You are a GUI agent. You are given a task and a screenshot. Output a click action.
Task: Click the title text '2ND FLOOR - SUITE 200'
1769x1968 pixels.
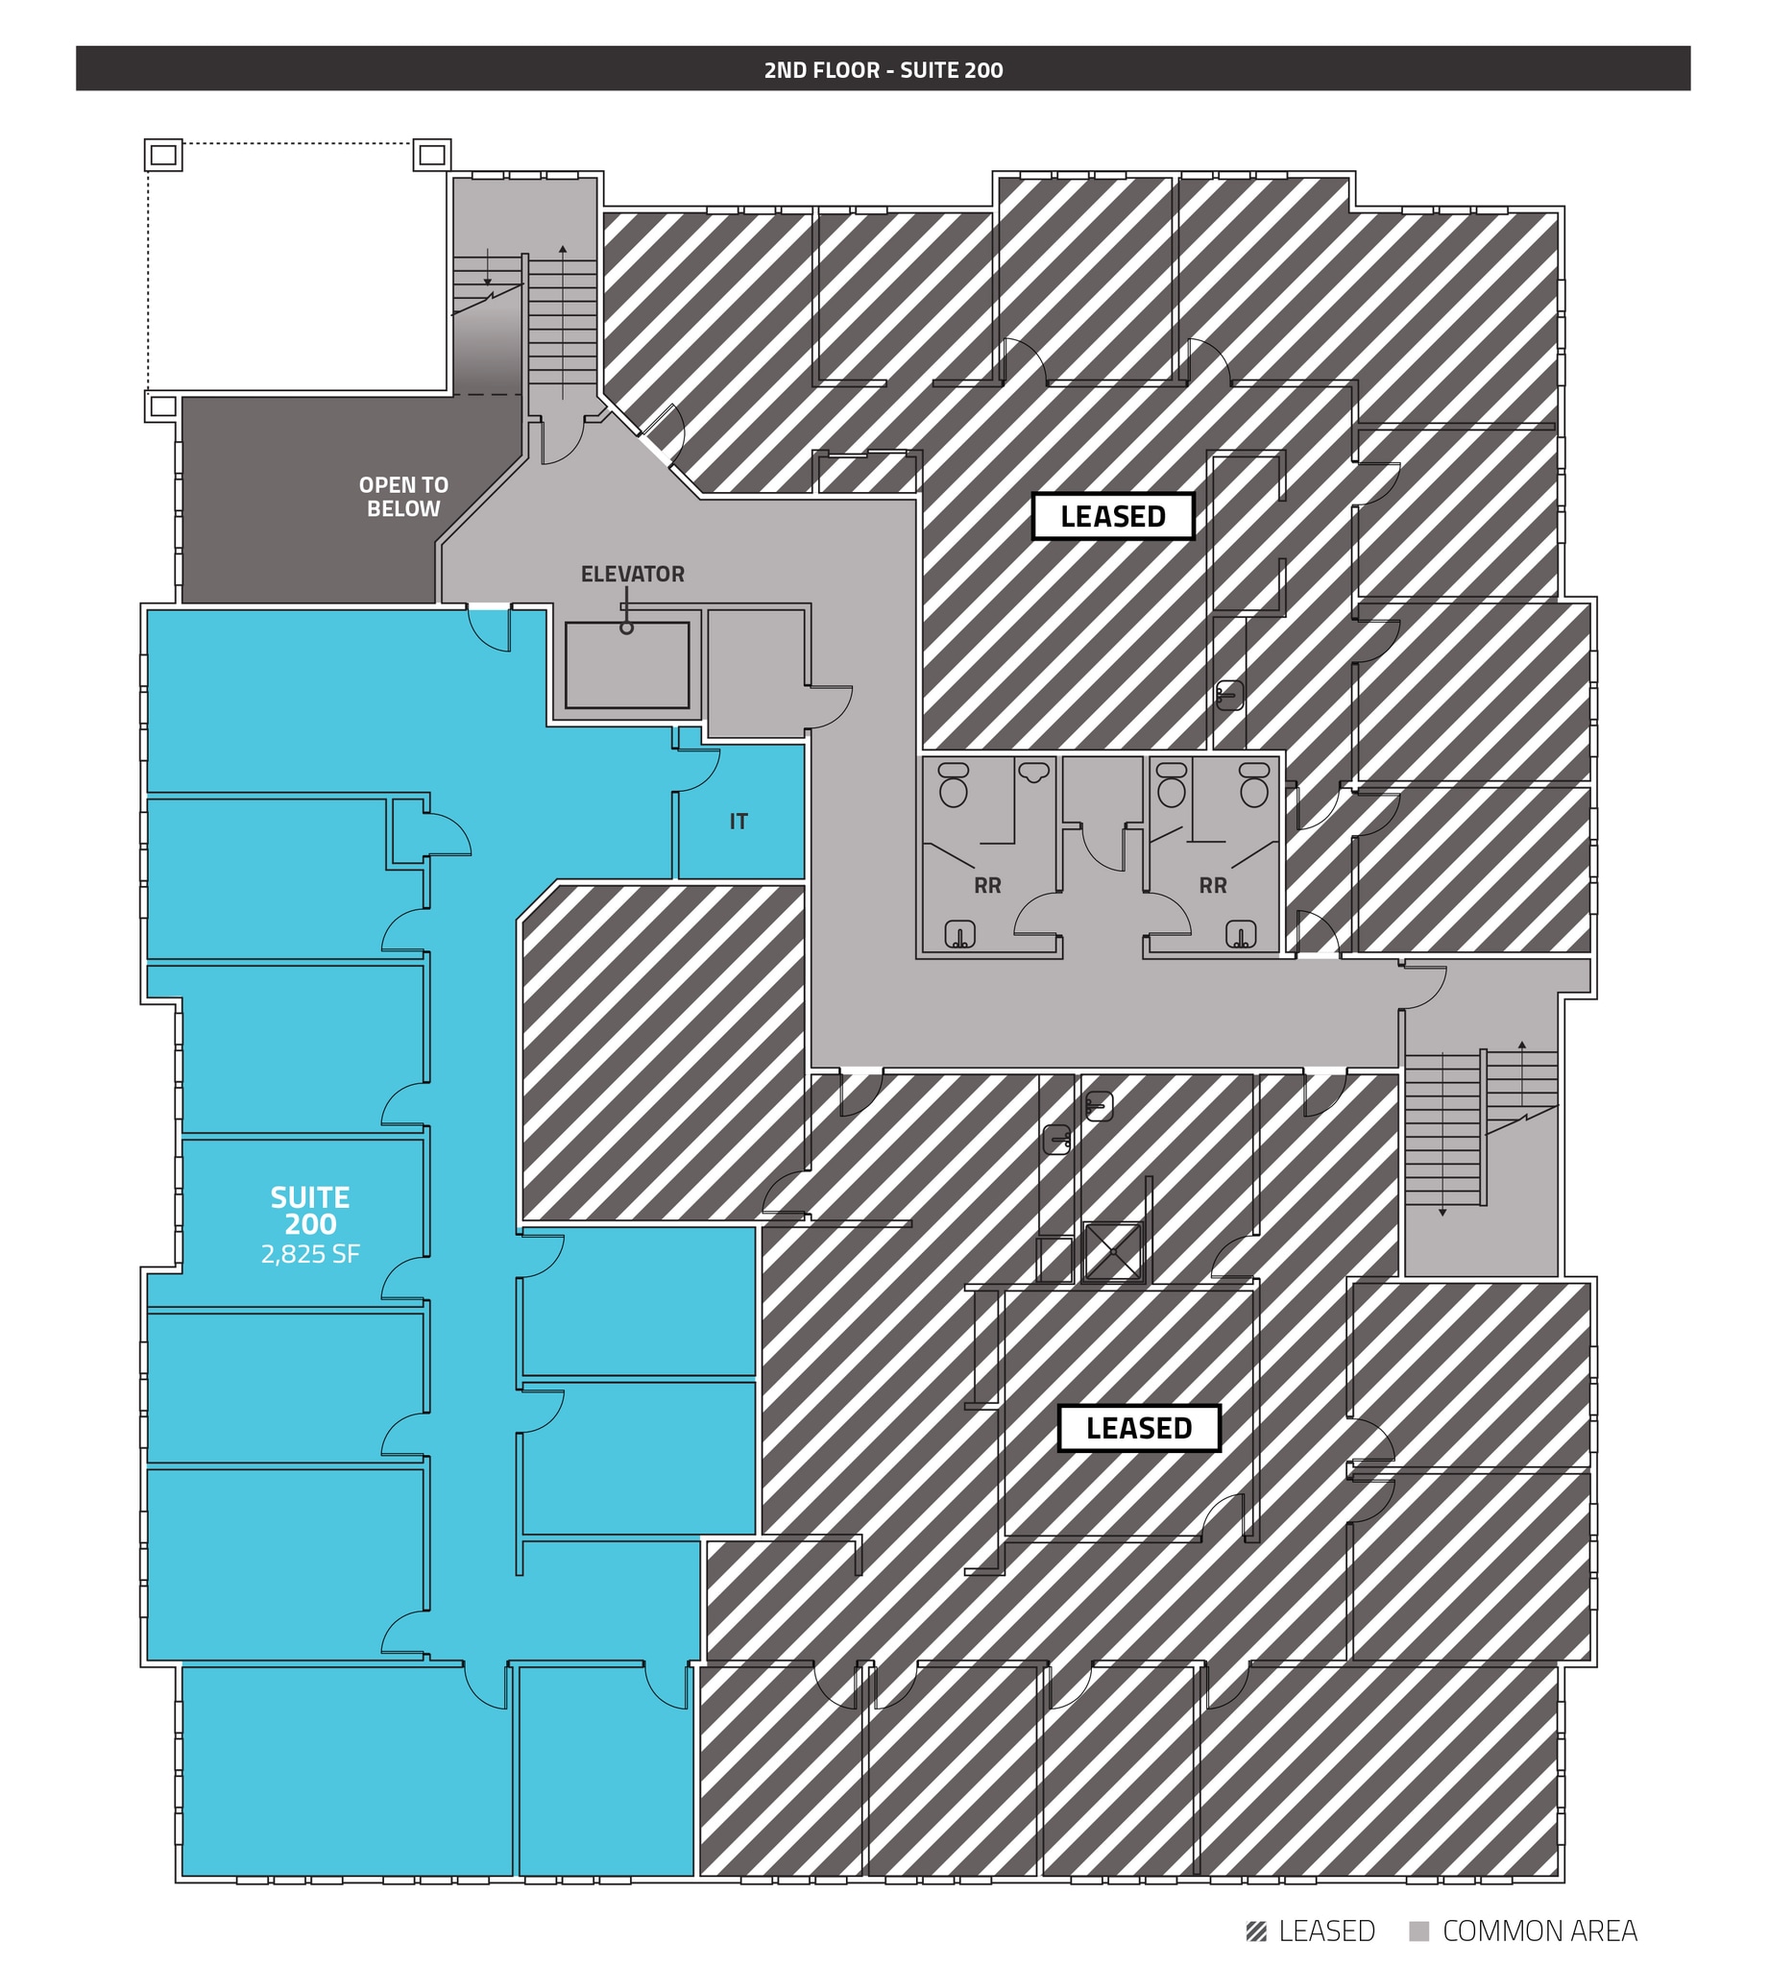click(x=883, y=70)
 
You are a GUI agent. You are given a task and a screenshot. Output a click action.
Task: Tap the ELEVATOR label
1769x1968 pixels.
click(x=632, y=575)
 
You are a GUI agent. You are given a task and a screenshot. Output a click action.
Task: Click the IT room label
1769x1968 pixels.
click(x=739, y=822)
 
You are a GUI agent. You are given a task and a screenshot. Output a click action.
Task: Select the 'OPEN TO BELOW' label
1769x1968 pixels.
click(x=403, y=497)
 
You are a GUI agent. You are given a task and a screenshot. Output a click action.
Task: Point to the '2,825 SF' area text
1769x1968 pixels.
click(x=310, y=1254)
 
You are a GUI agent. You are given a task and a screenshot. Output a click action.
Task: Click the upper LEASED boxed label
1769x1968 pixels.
click(x=1112, y=516)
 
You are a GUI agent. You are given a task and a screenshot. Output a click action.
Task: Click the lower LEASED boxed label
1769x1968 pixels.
click(x=1138, y=1427)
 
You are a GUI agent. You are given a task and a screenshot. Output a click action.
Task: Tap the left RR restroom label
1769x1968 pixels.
click(x=987, y=886)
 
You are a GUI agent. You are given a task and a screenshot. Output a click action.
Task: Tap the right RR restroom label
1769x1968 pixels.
click(x=1212, y=886)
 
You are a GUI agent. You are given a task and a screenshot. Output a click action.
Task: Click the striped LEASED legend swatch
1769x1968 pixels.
click(x=1256, y=1931)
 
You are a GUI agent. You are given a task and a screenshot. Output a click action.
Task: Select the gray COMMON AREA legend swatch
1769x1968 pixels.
click(x=1419, y=1931)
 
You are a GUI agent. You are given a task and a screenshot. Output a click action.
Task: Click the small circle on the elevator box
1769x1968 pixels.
click(x=627, y=628)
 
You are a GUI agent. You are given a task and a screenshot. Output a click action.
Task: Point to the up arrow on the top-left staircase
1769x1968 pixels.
click(x=563, y=251)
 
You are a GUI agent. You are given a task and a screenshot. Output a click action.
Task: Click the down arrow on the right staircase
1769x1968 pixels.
click(x=1442, y=1212)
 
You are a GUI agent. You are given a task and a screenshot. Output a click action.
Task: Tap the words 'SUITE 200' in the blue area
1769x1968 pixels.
click(x=310, y=1211)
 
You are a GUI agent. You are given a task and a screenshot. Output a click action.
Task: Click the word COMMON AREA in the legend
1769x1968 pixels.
click(x=1539, y=1931)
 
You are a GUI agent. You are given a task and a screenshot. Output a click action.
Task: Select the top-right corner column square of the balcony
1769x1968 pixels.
click(x=431, y=155)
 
